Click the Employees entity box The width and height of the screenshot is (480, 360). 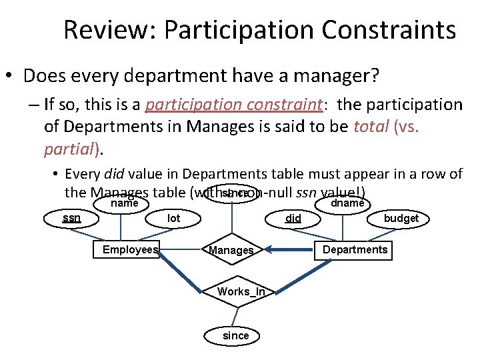tap(130, 250)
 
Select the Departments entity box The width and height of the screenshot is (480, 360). tap(355, 250)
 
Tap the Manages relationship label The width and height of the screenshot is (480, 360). tap(231, 251)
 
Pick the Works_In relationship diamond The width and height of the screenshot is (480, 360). tap(241, 291)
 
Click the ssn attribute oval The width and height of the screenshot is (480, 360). tap(71, 217)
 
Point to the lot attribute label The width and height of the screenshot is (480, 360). tap(174, 218)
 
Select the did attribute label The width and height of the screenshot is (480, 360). tap(293, 218)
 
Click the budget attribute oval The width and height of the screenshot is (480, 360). tap(401, 218)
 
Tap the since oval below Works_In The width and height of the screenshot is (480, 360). tap(235, 336)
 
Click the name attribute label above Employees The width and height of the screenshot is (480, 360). tap(124, 203)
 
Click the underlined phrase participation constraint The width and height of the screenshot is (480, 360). tap(233, 105)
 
